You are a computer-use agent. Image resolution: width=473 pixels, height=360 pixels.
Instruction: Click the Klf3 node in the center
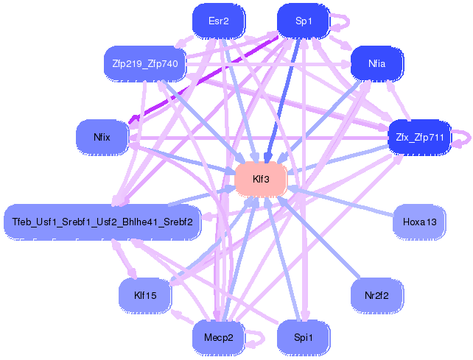click(x=261, y=180)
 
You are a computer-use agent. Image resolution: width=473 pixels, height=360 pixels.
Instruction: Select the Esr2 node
click(x=219, y=21)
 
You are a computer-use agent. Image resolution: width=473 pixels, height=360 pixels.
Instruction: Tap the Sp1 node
click(x=304, y=21)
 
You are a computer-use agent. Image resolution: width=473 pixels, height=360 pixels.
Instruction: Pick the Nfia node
click(x=376, y=63)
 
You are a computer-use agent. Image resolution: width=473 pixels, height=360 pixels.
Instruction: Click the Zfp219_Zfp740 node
click(x=145, y=63)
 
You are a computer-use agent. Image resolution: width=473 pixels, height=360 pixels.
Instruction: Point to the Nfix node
click(x=102, y=137)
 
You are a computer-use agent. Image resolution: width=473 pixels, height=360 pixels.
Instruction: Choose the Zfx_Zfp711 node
click(x=420, y=137)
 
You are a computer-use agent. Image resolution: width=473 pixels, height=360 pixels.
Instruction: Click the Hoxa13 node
click(x=420, y=222)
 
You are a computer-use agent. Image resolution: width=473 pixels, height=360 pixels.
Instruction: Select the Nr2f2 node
click(x=376, y=295)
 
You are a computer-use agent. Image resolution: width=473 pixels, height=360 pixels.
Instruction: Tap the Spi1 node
click(x=304, y=337)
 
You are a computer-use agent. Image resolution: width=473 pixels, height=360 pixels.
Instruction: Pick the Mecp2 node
click(x=219, y=337)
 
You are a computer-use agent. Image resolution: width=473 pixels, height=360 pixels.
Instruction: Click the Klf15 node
click(x=145, y=295)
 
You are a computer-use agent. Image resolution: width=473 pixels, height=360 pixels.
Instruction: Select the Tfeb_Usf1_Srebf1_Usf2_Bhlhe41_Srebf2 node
click(x=102, y=222)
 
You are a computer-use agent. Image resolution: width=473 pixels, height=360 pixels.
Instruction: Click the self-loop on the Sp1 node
click(x=348, y=21)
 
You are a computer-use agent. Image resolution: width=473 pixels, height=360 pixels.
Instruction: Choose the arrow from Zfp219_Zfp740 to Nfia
click(x=268, y=64)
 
